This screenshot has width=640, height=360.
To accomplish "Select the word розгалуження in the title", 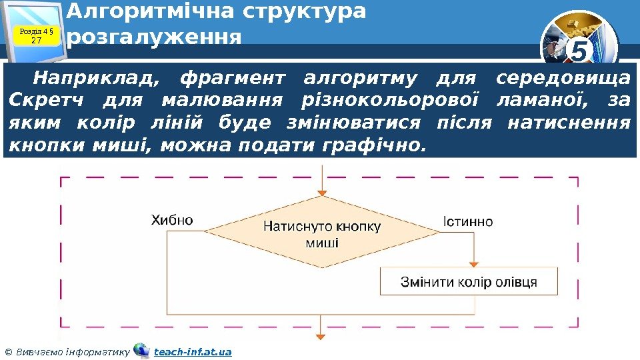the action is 154,36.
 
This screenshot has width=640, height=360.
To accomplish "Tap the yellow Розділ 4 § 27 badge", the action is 37,35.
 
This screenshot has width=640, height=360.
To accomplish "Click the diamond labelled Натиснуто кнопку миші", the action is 322,233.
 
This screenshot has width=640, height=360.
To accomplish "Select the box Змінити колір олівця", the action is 469,281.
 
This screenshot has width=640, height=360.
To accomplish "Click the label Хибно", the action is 172,220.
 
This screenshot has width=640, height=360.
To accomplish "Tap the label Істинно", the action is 467,221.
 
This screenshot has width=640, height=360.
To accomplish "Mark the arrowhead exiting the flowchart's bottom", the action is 323,337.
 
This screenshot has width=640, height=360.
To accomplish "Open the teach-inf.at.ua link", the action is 193,351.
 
